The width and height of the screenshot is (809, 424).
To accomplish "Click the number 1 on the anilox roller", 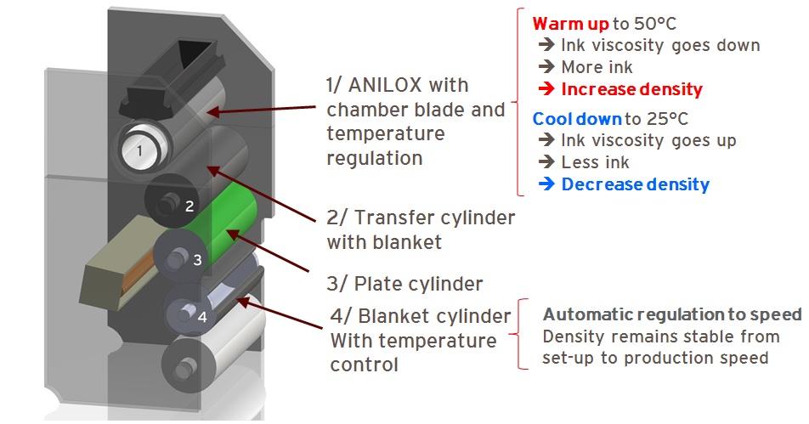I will click(139, 151).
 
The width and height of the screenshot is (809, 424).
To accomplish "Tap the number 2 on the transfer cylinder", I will click(190, 206).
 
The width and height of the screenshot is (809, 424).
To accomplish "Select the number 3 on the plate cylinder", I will click(197, 260).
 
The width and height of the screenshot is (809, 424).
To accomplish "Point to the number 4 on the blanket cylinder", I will click(201, 317).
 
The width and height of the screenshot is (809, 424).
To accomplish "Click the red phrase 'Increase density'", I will click(632, 88).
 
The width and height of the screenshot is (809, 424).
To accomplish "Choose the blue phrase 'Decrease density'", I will click(635, 184).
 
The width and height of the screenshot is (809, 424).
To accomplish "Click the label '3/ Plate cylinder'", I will click(404, 284).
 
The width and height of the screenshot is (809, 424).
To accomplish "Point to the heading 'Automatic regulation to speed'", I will click(672, 314).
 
